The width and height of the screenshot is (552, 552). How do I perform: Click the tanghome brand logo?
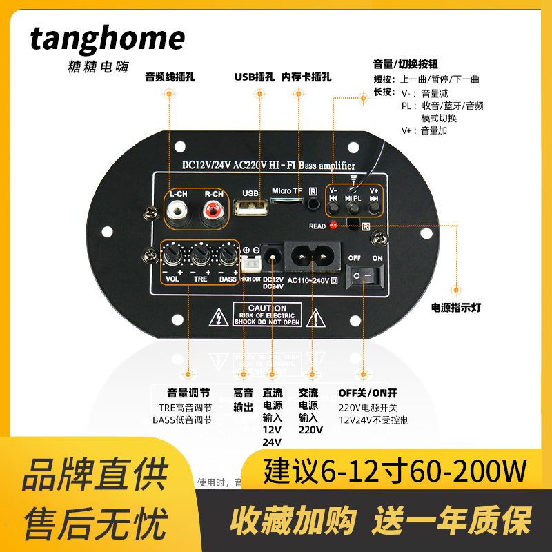[108, 39]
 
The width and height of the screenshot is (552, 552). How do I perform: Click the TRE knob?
[201, 257]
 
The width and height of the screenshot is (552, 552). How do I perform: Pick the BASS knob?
[228, 257]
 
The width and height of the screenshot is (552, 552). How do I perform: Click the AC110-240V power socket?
[312, 257]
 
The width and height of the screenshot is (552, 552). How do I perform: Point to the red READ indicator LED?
[333, 225]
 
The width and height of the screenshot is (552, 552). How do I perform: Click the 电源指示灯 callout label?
[455, 308]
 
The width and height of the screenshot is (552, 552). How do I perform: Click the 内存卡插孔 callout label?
[306, 77]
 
